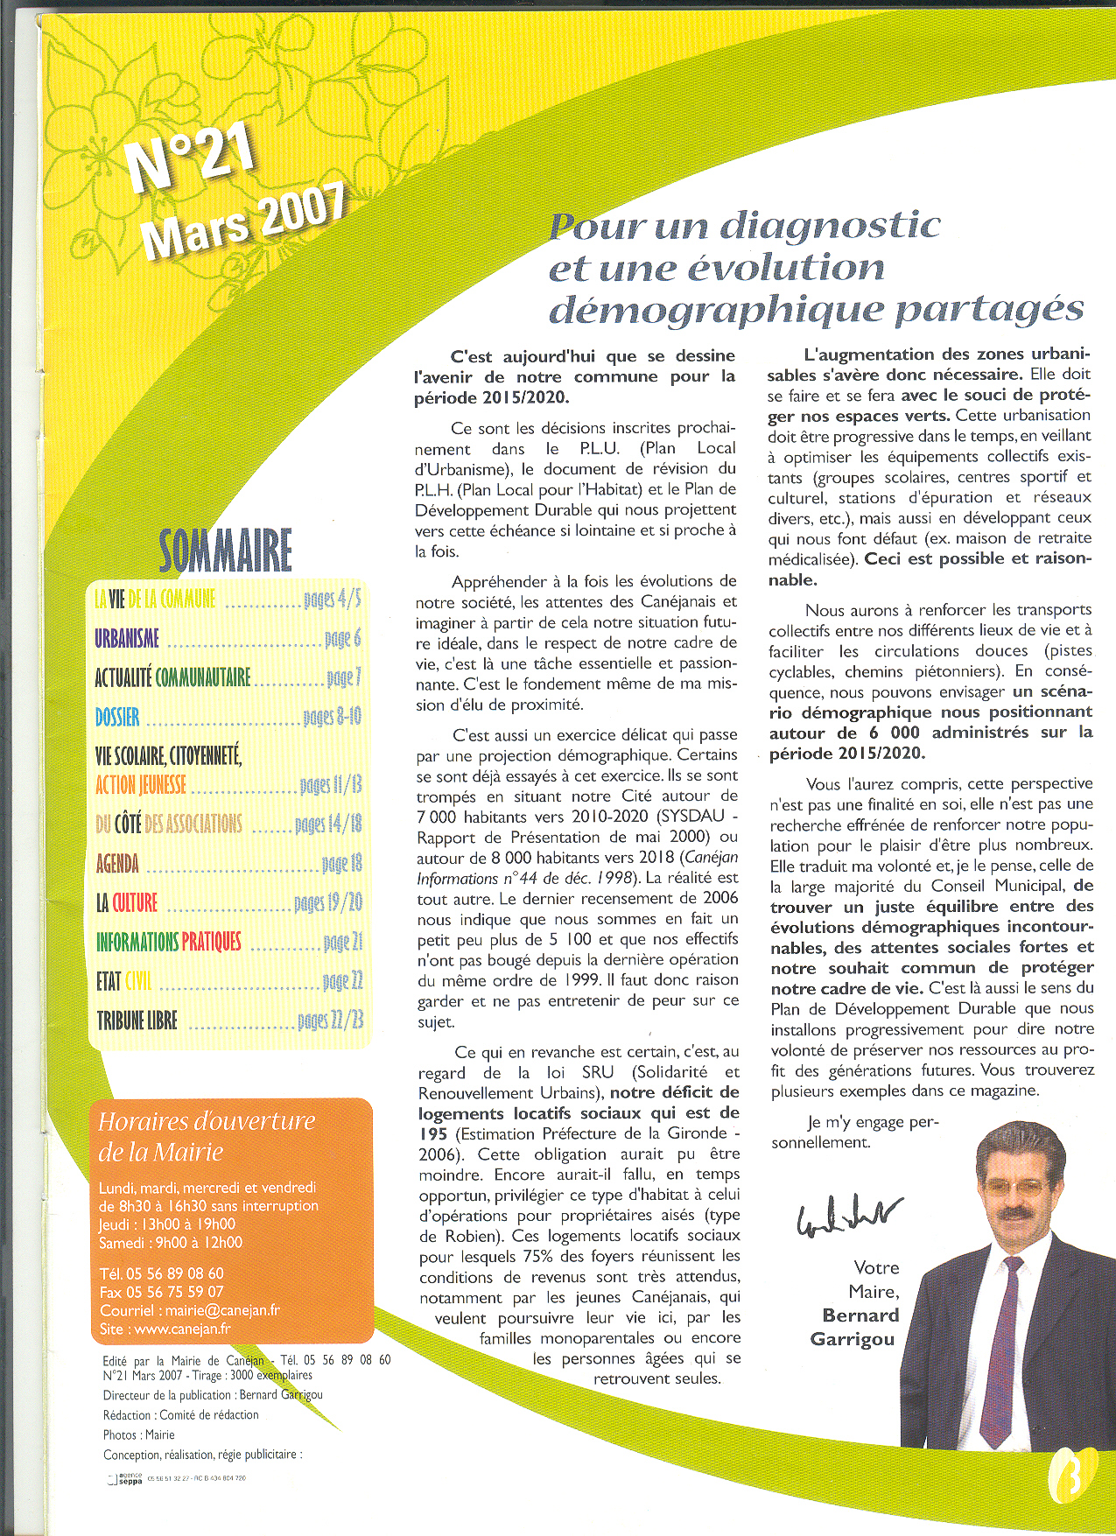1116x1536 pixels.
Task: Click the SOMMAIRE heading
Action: click(x=225, y=551)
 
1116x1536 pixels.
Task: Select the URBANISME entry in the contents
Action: click(x=127, y=639)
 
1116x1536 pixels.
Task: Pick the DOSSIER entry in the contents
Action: click(x=117, y=718)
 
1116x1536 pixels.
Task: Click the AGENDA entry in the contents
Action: click(x=117, y=864)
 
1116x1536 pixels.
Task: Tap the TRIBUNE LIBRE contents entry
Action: click(x=137, y=1020)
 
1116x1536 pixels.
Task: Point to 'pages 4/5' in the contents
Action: click(x=332, y=600)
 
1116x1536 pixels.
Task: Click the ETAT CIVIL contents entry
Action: click(x=123, y=981)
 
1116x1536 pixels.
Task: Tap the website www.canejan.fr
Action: click(x=182, y=1329)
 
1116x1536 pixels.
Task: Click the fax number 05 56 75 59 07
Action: click(x=175, y=1292)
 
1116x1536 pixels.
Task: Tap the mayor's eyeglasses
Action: click(x=1016, y=1188)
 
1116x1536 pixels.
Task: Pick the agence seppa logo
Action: click(x=124, y=1478)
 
